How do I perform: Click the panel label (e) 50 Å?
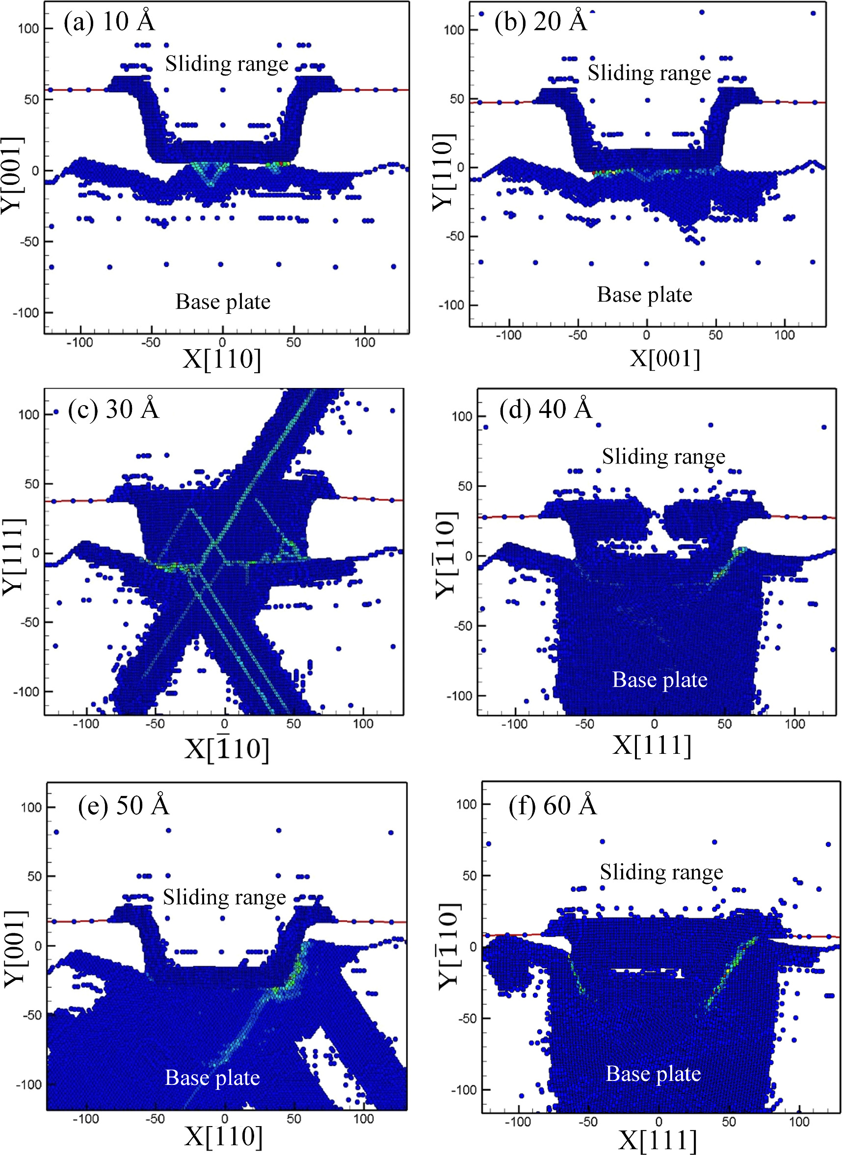pos(123,805)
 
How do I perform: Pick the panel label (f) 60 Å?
pos(552,805)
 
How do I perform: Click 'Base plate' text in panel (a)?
pos(223,302)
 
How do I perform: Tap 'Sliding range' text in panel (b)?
pos(649,73)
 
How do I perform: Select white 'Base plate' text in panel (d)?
pos(659,680)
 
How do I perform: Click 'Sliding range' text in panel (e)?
pos(224,897)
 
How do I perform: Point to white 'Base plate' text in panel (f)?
pos(653,1074)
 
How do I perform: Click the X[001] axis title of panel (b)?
pos(665,358)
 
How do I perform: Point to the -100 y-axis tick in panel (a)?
pos(28,312)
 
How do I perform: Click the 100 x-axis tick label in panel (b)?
pos(784,335)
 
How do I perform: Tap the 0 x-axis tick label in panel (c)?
pos(224,723)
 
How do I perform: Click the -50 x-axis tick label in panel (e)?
pos(155,1119)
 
